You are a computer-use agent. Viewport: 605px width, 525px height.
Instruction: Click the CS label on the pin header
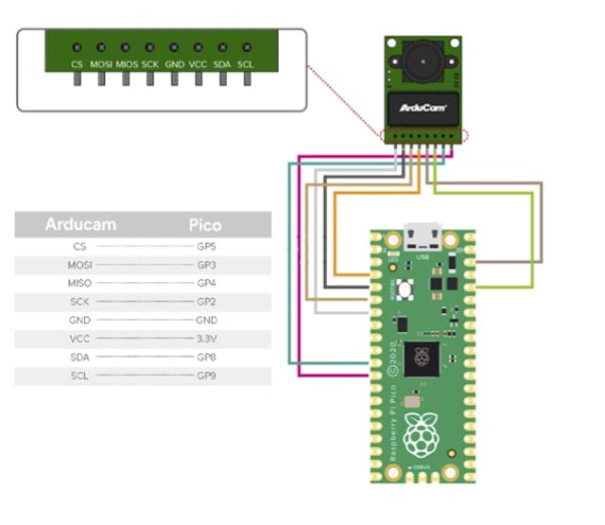pyautogui.click(x=78, y=63)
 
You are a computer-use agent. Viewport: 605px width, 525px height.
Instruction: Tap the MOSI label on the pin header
pyautogui.click(x=101, y=63)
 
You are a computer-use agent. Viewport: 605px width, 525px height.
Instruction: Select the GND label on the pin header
pyautogui.click(x=174, y=63)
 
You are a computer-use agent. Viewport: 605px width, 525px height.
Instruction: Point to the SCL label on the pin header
pyautogui.click(x=246, y=63)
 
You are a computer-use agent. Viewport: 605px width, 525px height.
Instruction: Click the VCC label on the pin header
pyautogui.click(x=199, y=63)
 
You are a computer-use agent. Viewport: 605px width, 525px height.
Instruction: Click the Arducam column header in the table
pyautogui.click(x=80, y=224)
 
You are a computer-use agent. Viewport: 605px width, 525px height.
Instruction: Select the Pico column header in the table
pyautogui.click(x=205, y=224)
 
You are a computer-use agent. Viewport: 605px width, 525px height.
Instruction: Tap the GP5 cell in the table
pyautogui.click(x=206, y=246)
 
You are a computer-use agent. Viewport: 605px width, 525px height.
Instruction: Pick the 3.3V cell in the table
pyautogui.click(x=206, y=339)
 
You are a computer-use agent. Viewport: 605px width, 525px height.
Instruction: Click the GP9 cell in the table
pyautogui.click(x=206, y=376)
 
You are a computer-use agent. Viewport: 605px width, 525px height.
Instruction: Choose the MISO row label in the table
pyautogui.click(x=79, y=283)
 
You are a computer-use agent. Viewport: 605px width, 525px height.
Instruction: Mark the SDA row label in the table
pyautogui.click(x=79, y=358)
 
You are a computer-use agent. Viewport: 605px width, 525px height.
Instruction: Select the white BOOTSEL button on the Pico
pyautogui.click(x=404, y=287)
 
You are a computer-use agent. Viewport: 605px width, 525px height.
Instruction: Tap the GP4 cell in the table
pyautogui.click(x=206, y=283)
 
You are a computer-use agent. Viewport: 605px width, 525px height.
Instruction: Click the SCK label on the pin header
pyautogui.click(x=149, y=63)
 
